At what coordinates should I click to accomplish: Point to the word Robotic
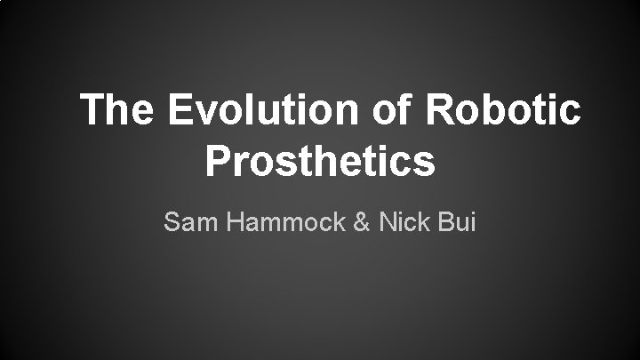[505, 111]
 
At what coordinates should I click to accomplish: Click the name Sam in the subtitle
[189, 221]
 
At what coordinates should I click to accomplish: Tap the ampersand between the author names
[362, 221]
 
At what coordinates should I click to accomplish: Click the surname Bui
[459, 221]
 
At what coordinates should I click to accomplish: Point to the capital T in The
[92, 111]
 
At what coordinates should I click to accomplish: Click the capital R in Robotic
[442, 111]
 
